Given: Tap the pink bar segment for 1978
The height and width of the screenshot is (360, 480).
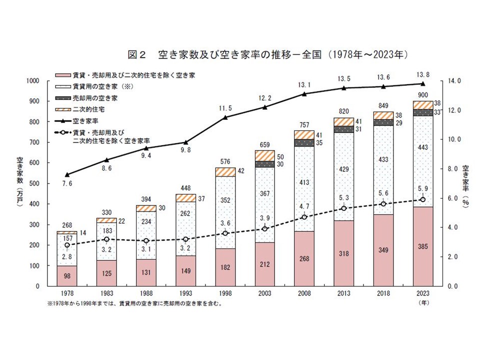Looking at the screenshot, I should pyautogui.click(x=66, y=275).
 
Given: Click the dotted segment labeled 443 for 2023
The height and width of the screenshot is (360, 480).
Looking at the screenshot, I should pyautogui.click(x=422, y=161).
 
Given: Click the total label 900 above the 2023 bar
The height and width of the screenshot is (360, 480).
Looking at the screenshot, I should pyautogui.click(x=422, y=95).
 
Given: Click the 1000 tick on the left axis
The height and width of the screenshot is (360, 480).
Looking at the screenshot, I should pyautogui.click(x=32, y=80).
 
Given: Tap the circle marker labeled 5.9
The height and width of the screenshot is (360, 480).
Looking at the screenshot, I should pyautogui.click(x=422, y=199).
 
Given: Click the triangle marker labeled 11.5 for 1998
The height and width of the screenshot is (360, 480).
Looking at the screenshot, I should pyautogui.click(x=225, y=117).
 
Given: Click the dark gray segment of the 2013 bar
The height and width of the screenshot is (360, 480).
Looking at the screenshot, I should pyautogui.click(x=343, y=129).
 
